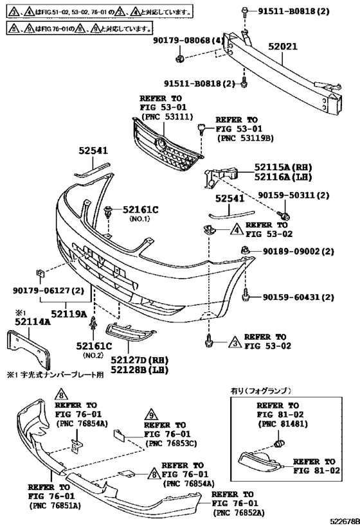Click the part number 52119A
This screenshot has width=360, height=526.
click(69, 314)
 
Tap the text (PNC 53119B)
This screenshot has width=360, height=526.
click(245, 138)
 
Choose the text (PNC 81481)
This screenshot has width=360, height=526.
click(283, 425)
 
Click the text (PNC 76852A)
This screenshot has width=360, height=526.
click(238, 513)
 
